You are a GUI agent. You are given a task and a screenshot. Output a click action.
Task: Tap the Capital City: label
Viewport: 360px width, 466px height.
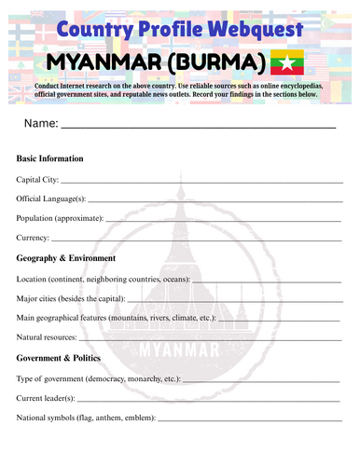pos(37,179)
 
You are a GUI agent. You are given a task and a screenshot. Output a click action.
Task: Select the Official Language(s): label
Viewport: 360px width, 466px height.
pos(51,199)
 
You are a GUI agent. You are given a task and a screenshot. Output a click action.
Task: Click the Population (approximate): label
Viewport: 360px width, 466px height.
pos(61,218)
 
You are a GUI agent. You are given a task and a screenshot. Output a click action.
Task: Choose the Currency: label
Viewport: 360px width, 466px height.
pos(35,238)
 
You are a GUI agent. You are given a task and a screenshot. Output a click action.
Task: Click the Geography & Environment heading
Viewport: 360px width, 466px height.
pos(66,258)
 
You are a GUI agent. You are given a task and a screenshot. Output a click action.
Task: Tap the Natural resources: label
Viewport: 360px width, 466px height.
pos(48,336)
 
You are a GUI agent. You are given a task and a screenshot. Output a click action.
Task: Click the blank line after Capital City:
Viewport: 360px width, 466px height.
pos(201,181)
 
